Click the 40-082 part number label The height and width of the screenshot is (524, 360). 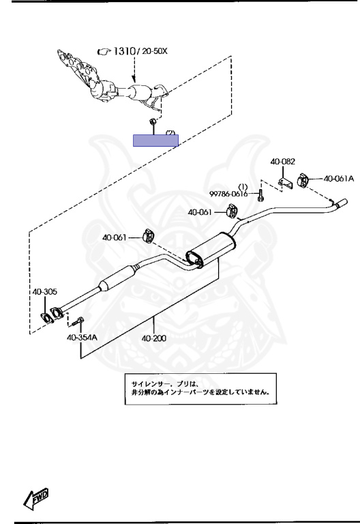(x=282, y=162)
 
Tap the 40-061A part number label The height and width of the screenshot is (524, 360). (x=339, y=179)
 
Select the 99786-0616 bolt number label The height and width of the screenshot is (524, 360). (x=228, y=194)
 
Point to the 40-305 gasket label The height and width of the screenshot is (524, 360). (x=45, y=292)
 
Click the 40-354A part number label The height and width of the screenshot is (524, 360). (x=82, y=337)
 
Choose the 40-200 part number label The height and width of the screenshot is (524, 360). (x=154, y=338)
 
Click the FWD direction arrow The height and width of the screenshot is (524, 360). (x=36, y=498)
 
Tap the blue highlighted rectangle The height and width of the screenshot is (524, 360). (x=155, y=141)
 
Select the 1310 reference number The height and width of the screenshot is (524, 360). (x=124, y=51)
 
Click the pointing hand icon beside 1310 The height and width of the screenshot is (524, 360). (x=104, y=51)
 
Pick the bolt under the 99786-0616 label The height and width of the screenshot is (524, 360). (x=260, y=195)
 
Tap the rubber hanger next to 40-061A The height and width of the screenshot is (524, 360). (x=304, y=180)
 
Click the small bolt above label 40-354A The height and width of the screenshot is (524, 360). (x=78, y=321)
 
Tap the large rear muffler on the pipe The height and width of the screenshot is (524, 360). (x=211, y=250)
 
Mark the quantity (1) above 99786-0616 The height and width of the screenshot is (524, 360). (x=243, y=186)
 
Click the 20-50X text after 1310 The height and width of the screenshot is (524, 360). (x=155, y=51)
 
